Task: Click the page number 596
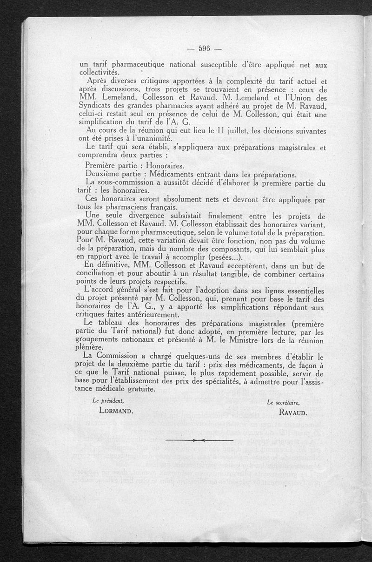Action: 204,48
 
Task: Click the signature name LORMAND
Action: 116,411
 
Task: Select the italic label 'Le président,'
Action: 108,400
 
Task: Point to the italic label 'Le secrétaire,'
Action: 284,402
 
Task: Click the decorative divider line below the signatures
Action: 199,440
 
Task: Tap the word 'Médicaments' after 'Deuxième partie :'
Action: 177,174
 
